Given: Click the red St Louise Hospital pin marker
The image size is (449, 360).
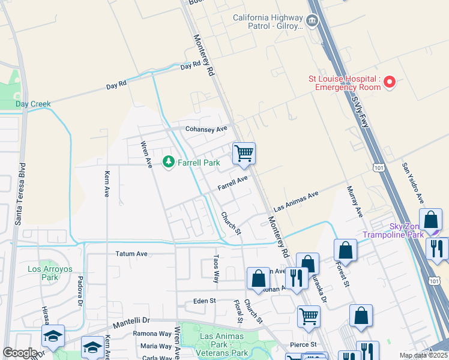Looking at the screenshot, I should pyautogui.click(x=390, y=82).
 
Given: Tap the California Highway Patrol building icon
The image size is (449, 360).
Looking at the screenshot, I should pyautogui.click(x=312, y=22).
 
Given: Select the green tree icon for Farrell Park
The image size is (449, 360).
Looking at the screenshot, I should pyautogui.click(x=169, y=162).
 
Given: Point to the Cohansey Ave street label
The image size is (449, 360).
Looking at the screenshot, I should pyautogui.click(x=206, y=129).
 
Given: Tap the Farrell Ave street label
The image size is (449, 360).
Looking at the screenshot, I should pyautogui.click(x=232, y=183).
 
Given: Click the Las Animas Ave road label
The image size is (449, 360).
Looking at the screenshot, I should pyautogui.click(x=295, y=202).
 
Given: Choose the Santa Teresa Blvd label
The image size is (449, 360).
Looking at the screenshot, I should pyautogui.click(x=19, y=193).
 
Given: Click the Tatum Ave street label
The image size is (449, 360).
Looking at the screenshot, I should pyautogui.click(x=131, y=254).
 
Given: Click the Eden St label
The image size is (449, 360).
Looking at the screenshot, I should pyautogui.click(x=204, y=301).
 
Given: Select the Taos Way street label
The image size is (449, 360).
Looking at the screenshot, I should pyautogui.click(x=216, y=268).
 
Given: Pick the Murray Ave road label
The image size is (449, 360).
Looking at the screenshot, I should pyautogui.click(x=355, y=202).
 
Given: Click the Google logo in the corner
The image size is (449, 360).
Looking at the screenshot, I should pyautogui.click(x=20, y=353).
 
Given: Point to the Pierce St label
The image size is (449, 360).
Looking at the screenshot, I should pyautogui.click(x=304, y=344).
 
